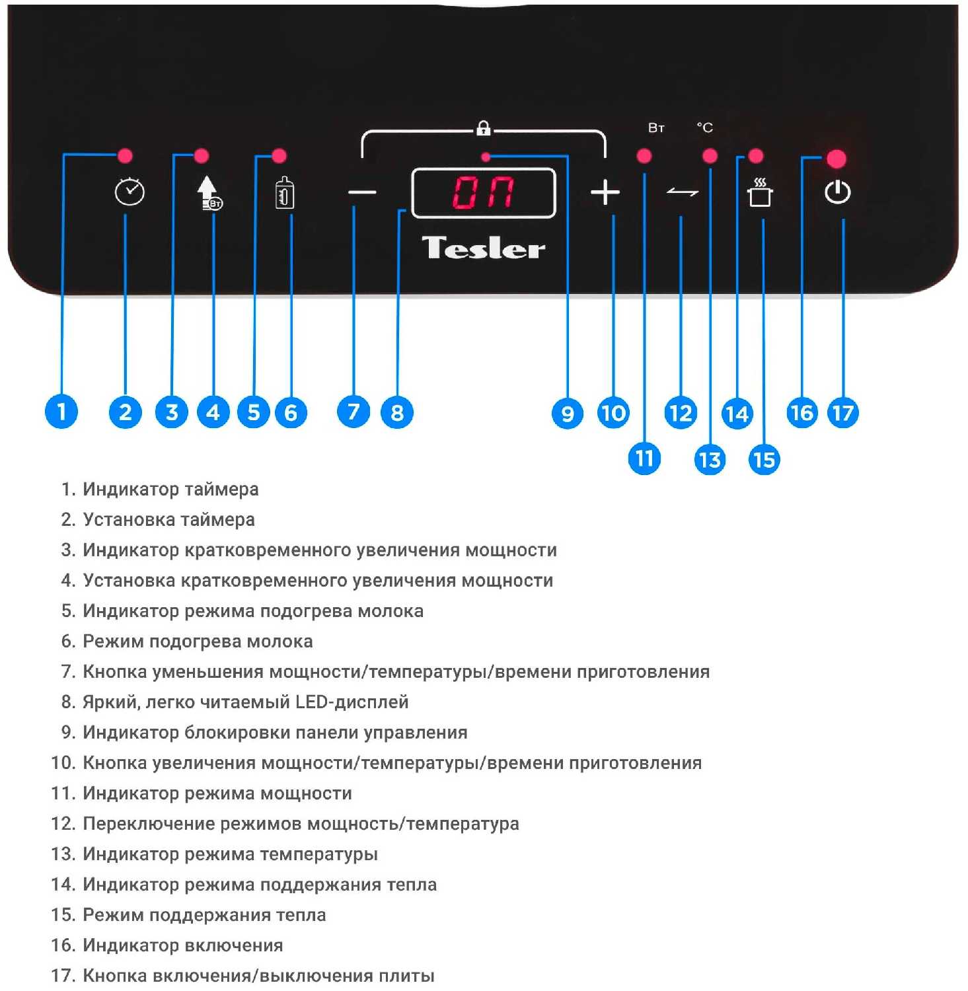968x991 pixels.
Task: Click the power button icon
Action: (837, 192)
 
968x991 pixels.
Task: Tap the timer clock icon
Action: (130, 192)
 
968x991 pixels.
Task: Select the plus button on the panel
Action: (605, 193)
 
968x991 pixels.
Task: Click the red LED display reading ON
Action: (483, 193)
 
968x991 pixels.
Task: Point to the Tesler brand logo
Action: (484, 248)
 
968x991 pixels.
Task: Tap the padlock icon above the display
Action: (484, 128)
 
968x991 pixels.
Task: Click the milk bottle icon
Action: (285, 193)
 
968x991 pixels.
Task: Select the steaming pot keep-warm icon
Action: (760, 192)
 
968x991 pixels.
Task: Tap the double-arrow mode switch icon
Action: (683, 192)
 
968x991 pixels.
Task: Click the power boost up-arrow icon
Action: (208, 193)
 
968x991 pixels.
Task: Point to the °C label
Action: (705, 128)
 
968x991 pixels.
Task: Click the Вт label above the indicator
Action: (656, 128)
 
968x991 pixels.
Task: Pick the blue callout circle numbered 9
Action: (567, 413)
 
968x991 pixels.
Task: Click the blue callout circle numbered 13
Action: (710, 459)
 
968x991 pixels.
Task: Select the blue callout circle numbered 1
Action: (61, 412)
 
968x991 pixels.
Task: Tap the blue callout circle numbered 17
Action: (842, 413)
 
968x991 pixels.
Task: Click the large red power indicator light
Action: (837, 159)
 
